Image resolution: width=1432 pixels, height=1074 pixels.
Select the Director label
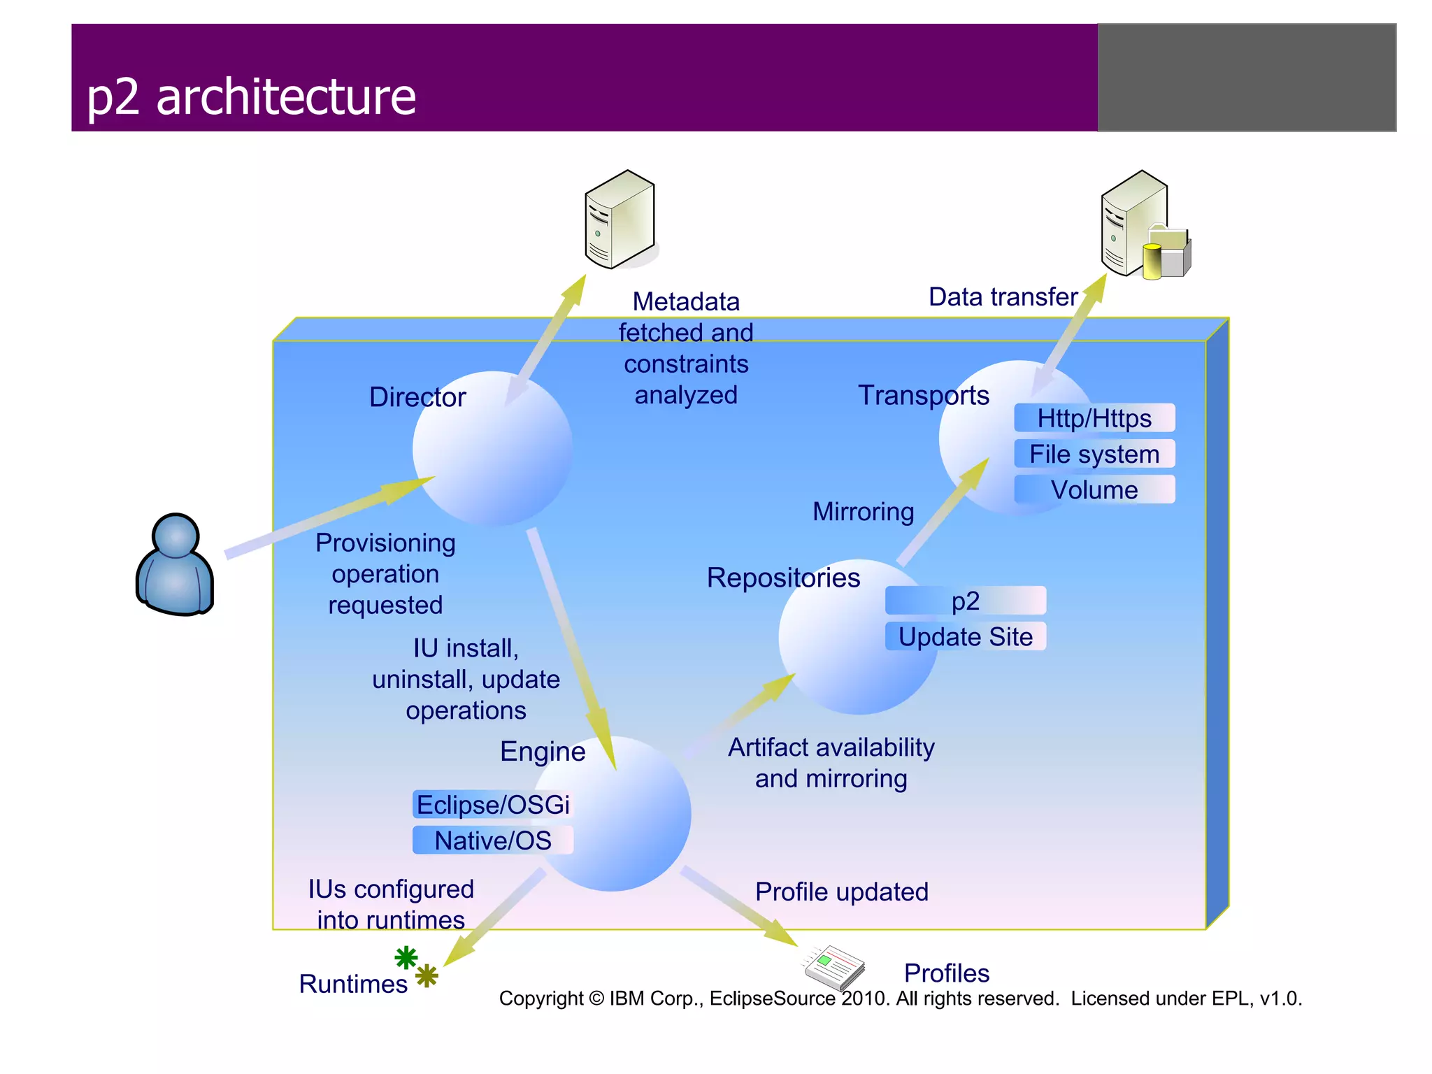[x=417, y=397]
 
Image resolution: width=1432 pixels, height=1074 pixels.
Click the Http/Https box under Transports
[x=1094, y=418]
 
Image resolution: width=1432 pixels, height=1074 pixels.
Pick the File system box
[x=1094, y=454]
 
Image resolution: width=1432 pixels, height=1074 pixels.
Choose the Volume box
[x=1094, y=489]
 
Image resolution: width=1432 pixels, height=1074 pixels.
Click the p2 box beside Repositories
[x=965, y=601]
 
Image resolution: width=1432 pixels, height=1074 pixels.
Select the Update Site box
[x=965, y=636]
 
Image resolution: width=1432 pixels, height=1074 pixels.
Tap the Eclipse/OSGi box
[x=493, y=805]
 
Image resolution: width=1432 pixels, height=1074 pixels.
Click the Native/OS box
[x=493, y=840]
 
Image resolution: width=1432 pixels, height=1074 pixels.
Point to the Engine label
[x=543, y=752]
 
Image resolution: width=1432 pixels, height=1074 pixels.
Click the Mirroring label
[x=863, y=512]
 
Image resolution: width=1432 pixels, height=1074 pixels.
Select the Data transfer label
[x=1003, y=297]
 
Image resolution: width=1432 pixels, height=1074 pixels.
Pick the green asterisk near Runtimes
[x=406, y=957]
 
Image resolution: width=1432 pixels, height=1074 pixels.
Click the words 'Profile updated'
[x=842, y=892]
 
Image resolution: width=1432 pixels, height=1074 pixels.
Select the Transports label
[x=923, y=396]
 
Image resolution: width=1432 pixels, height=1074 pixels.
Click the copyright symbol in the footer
[x=596, y=998]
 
